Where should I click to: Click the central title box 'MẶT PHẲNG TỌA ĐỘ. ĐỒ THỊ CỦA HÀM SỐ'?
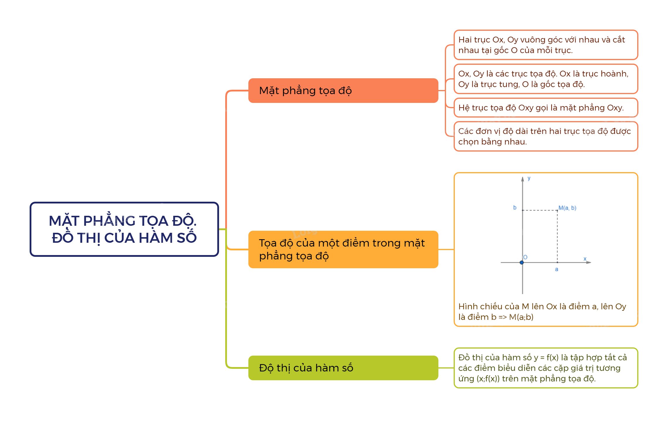124,229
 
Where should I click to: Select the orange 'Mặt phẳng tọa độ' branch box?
343,91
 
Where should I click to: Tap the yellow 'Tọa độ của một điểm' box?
343,249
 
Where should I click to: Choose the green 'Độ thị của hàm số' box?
343,368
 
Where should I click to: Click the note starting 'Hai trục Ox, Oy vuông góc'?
545,45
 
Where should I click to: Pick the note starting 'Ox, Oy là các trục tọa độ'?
545,79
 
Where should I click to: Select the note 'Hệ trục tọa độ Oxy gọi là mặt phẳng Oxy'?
545,108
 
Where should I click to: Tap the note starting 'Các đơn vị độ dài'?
545,136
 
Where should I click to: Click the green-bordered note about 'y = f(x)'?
545,368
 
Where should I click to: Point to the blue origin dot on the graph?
522,262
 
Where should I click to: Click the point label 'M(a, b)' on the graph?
567,208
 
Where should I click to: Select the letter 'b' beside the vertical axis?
515,208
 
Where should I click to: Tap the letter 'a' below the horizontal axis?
557,269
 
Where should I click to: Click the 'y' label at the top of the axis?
529,178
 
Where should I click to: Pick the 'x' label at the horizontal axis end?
585,259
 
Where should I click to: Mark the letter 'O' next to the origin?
525,257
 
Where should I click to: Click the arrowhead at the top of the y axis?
523,179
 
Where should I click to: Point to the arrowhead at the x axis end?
589,262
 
